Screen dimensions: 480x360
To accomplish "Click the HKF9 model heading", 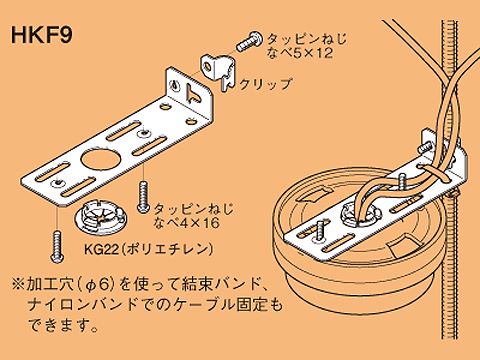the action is [x=42, y=35].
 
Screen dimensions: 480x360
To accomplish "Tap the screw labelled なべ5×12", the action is [x=248, y=41].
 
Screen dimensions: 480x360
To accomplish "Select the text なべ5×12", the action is [x=300, y=53].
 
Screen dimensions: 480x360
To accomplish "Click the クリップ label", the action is [x=266, y=84].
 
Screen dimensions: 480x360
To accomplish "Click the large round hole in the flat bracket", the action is [x=97, y=159].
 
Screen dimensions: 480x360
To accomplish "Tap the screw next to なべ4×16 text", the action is [x=143, y=197].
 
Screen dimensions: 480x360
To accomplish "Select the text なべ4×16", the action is [x=187, y=222].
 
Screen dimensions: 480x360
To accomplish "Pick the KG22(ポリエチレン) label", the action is [x=148, y=249].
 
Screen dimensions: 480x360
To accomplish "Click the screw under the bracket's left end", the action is [x=57, y=247].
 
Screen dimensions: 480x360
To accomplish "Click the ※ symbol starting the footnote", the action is [x=17, y=284].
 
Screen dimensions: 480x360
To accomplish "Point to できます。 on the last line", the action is [x=63, y=325].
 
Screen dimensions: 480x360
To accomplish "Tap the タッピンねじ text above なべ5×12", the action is [x=307, y=39].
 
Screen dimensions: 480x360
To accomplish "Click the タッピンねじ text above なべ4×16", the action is [x=193, y=209].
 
